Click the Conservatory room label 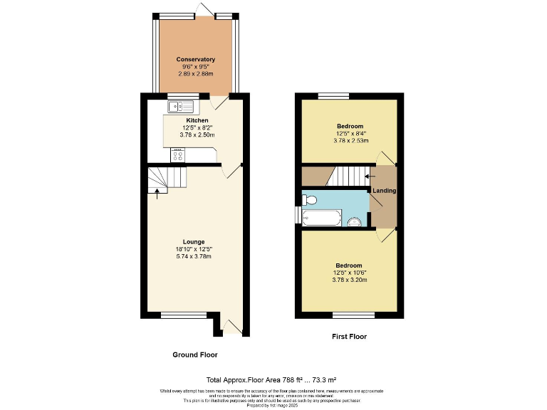195,59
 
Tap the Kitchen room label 177,120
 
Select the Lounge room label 194,241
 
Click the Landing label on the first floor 385,191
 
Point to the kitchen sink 182,107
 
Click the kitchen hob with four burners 177,155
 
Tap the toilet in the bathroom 308,200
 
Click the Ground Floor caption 195,354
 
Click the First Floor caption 350,337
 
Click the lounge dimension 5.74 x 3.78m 194,256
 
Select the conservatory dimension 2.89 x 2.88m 195,73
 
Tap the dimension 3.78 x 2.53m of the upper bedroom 350,140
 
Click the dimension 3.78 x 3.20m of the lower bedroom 350,280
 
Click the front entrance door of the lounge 232,327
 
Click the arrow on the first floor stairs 368,175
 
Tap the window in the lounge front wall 174,315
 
